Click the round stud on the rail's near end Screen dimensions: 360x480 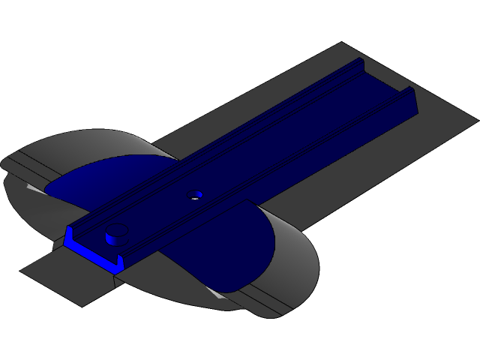point(115,234)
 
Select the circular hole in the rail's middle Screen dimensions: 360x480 point(195,194)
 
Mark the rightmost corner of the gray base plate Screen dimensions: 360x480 point(477,118)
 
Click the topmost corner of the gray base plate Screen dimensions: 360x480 point(343,43)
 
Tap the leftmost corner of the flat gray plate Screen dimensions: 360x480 point(20,268)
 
